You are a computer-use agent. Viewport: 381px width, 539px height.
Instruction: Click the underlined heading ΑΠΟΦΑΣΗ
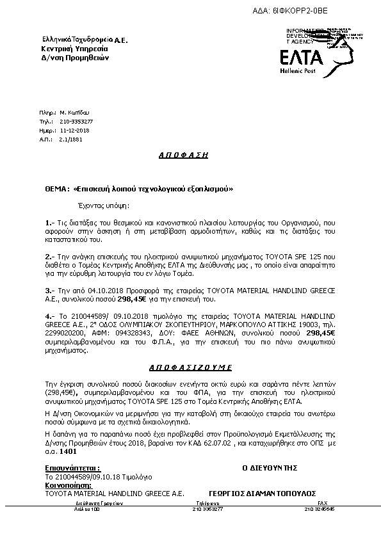(x=184, y=155)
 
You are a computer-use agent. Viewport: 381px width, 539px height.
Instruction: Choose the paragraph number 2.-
(x=50, y=256)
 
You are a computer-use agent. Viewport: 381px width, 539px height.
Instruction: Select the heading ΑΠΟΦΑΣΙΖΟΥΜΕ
(x=184, y=368)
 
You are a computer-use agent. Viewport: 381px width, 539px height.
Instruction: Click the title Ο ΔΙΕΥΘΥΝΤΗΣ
(x=270, y=468)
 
